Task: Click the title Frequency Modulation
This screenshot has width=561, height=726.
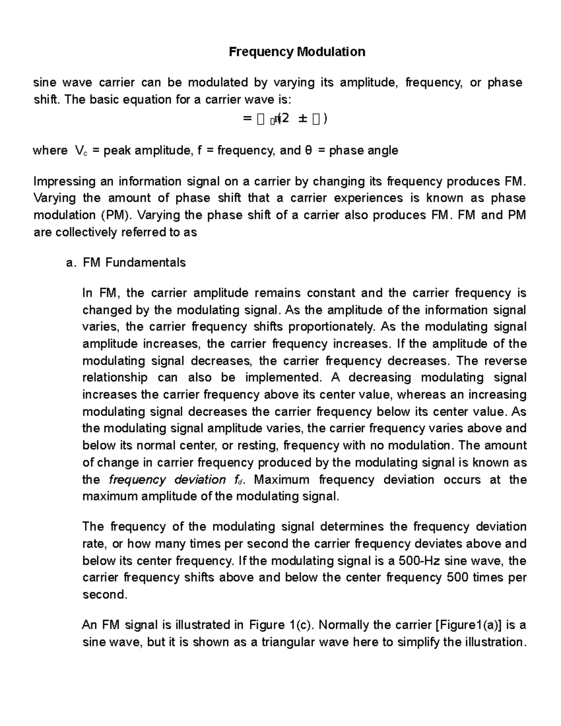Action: tap(297, 51)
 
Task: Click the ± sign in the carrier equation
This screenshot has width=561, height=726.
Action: tap(302, 120)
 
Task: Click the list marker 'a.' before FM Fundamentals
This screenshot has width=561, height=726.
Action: tap(71, 263)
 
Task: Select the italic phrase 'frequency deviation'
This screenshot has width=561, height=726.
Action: tap(167, 480)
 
